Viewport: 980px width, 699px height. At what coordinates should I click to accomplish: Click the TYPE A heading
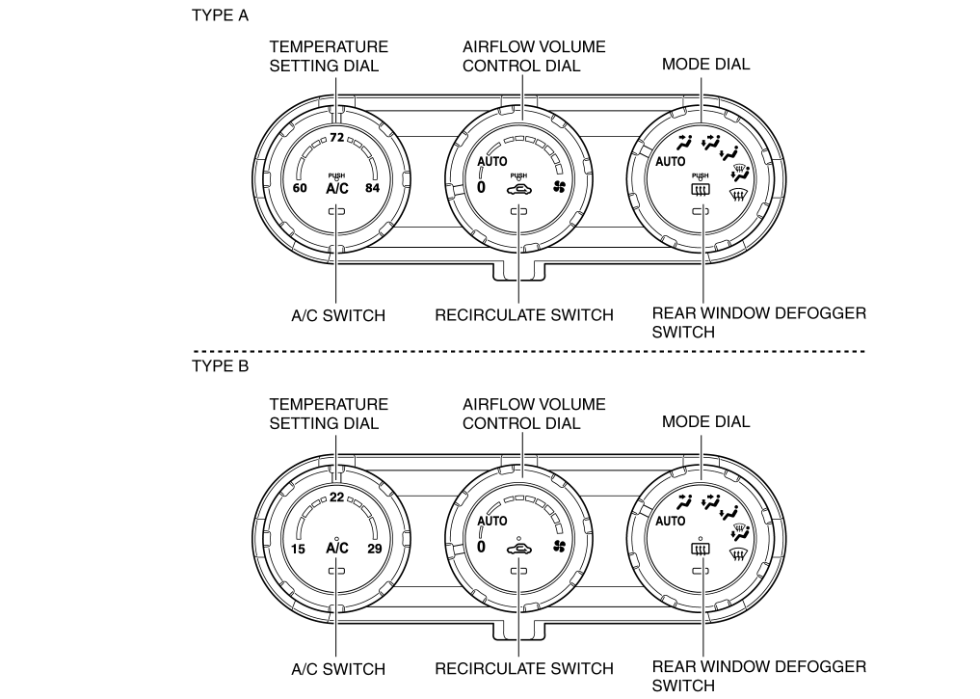coord(220,15)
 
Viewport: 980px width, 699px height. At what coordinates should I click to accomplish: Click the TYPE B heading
coord(220,365)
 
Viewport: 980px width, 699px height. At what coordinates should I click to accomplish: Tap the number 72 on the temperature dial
coord(337,138)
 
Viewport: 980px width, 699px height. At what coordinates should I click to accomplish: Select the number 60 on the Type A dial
coord(300,188)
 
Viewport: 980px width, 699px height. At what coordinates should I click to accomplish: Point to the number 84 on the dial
coord(373,188)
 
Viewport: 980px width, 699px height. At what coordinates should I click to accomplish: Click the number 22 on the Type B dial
coord(337,497)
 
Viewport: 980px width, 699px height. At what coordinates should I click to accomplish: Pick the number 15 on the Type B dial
coord(298,549)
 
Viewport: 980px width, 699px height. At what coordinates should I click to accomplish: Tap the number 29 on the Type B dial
coord(375,549)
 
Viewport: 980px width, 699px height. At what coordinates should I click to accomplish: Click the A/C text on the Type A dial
coord(337,188)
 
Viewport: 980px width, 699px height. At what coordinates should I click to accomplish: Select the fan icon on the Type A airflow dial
coord(559,186)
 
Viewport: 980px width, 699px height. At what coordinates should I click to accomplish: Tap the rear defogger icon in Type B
coord(700,550)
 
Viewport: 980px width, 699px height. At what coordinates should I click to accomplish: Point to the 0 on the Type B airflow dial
coord(481,547)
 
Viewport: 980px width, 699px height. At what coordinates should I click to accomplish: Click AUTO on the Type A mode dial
coord(670,162)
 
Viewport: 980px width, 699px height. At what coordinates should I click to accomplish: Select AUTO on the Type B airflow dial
coord(491,521)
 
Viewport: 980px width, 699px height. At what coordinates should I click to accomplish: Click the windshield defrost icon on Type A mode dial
coord(739,196)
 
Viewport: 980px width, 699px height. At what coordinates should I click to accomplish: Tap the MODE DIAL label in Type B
coord(705,422)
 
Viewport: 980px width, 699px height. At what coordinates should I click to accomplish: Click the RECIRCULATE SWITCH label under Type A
coord(524,315)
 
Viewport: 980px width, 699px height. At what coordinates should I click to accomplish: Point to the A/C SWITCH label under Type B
coord(338,670)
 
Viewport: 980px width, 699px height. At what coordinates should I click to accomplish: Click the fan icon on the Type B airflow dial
coord(559,547)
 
